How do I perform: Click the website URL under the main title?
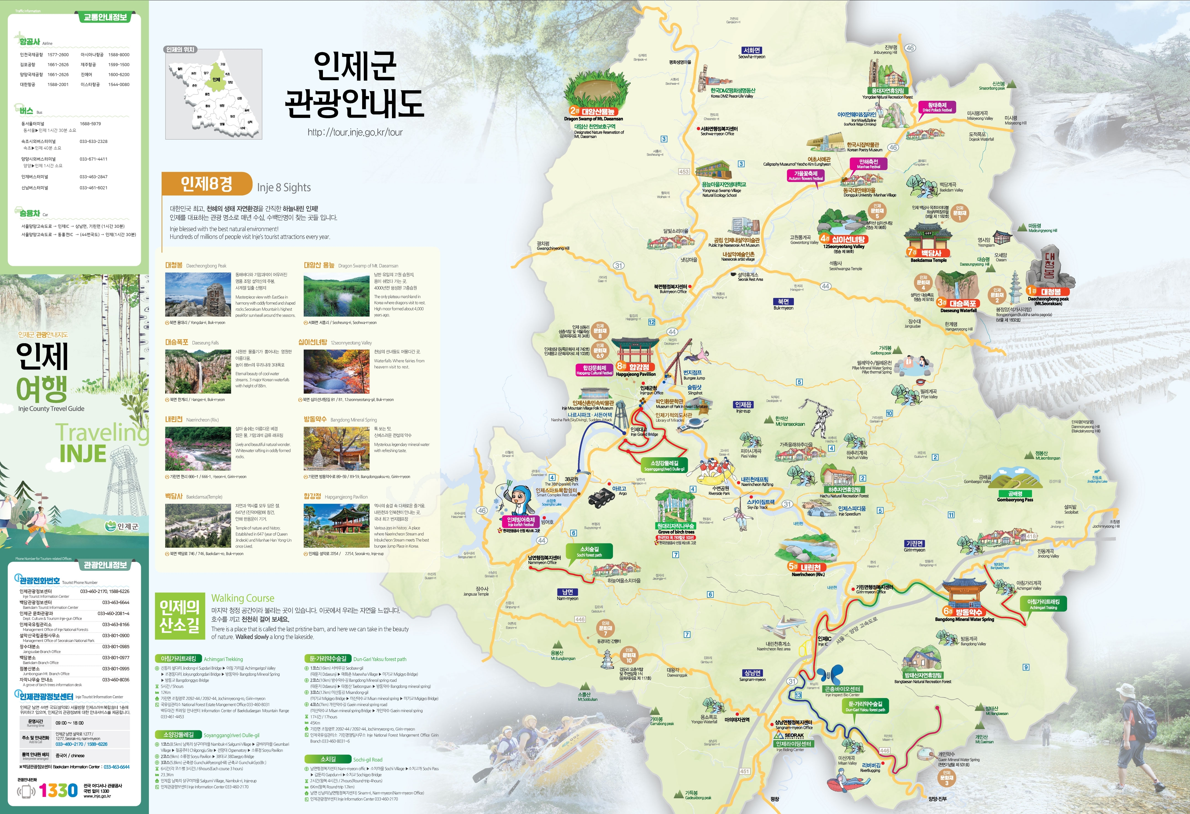pyautogui.click(x=355, y=132)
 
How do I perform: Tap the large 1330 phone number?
pyautogui.click(x=58, y=790)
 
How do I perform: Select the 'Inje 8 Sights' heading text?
pyautogui.click(x=284, y=187)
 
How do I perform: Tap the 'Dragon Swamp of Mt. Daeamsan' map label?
pyautogui.click(x=593, y=119)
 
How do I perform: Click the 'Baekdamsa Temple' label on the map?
pyautogui.click(x=928, y=260)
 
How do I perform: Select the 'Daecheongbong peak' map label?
pyautogui.click(x=1048, y=299)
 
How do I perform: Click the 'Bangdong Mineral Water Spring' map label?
pyautogui.click(x=964, y=619)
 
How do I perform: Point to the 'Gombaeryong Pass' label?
pyautogui.click(x=1015, y=500)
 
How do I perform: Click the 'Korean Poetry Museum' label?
pyautogui.click(x=864, y=150)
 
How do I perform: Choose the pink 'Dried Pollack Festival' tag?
pyautogui.click(x=937, y=107)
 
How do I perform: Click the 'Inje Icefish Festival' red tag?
pyautogui.click(x=521, y=522)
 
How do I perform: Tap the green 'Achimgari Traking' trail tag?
pyautogui.click(x=1043, y=604)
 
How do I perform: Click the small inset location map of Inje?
pyautogui.click(x=214, y=94)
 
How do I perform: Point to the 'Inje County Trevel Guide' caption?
pyautogui.click(x=51, y=409)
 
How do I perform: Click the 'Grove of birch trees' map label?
pyautogui.click(x=676, y=532)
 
